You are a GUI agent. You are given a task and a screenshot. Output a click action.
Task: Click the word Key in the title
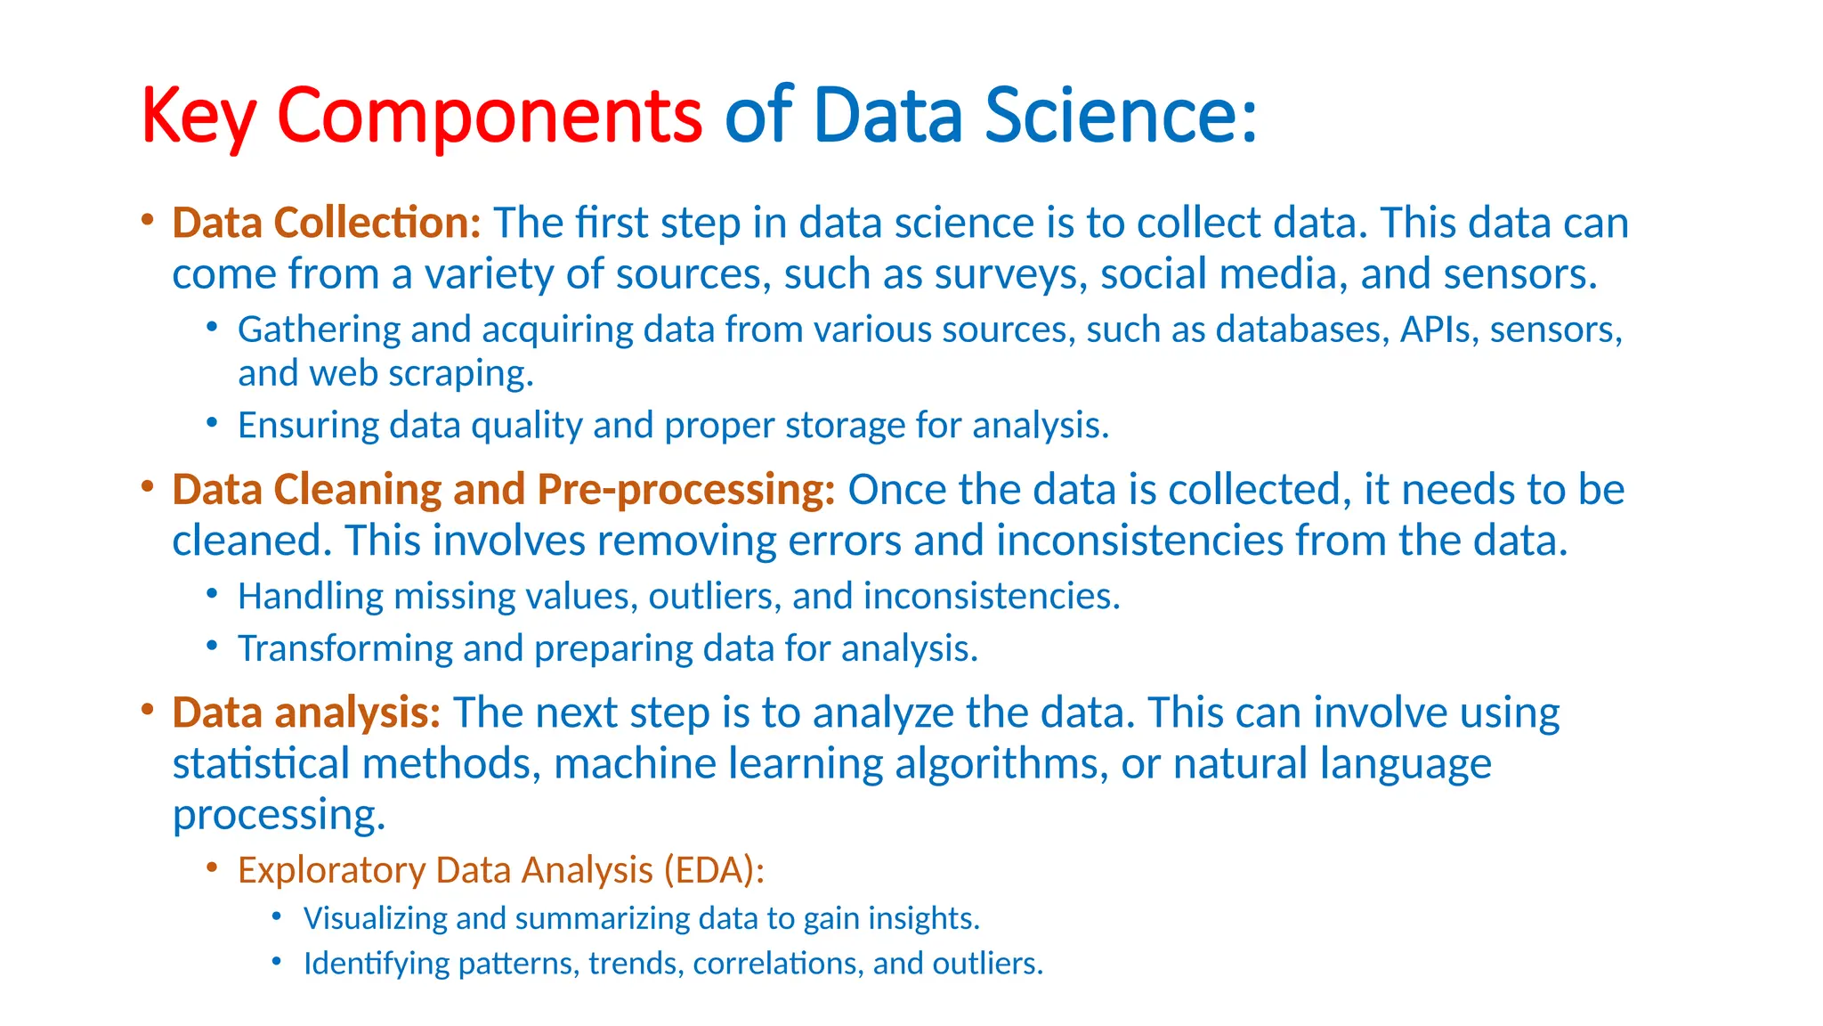(199, 116)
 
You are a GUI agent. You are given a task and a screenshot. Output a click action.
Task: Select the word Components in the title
(490, 116)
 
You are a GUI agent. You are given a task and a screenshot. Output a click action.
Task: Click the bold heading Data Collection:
(327, 223)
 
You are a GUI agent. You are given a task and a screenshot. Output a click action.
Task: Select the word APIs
(1435, 330)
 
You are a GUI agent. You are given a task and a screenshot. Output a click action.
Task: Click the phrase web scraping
(421, 374)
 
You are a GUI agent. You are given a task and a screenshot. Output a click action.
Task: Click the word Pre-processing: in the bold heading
(685, 490)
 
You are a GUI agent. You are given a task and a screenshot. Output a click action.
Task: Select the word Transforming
(344, 648)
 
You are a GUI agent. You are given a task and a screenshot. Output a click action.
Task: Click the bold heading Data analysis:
(306, 712)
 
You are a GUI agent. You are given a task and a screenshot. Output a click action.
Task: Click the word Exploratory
(331, 870)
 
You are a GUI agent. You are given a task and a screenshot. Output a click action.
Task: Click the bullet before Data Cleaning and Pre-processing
(148, 487)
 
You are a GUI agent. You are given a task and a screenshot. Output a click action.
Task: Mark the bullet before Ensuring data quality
(212, 423)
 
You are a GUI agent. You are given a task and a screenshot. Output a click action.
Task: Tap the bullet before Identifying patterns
(277, 962)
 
